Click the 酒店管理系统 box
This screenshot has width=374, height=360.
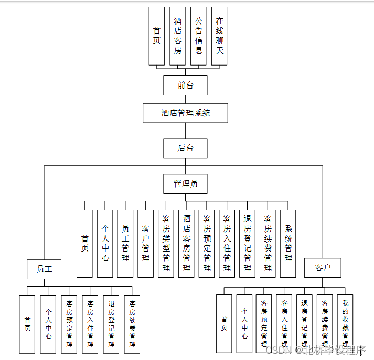tap(185, 113)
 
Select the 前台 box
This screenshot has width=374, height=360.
tap(185, 85)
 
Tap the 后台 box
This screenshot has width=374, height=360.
tap(185, 148)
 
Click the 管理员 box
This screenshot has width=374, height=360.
tap(185, 183)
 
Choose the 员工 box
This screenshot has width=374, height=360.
tap(44, 269)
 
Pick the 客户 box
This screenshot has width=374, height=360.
tap(323, 268)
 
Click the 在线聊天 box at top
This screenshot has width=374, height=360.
tap(219, 36)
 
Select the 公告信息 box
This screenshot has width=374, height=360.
tap(198, 36)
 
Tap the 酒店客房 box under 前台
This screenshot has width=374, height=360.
tap(178, 36)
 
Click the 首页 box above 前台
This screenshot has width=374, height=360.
tap(156, 36)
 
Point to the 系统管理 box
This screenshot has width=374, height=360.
tap(288, 243)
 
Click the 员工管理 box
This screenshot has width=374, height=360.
tap(125, 243)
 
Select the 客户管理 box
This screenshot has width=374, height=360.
tap(145, 243)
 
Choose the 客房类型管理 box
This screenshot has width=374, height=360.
tap(166, 243)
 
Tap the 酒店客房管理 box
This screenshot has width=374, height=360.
tap(186, 243)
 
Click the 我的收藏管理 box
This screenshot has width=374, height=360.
tap(345, 323)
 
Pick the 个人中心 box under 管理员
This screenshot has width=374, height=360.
tap(105, 243)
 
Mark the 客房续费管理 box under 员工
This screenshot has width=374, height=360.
tap(132, 323)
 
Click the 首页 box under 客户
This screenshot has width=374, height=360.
tap(224, 323)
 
